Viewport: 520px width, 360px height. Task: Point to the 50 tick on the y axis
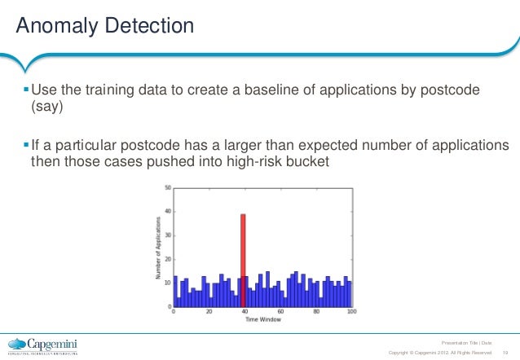[x=168, y=187]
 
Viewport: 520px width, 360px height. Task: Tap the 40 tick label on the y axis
[x=168, y=211]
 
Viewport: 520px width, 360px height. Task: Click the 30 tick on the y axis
[x=168, y=235]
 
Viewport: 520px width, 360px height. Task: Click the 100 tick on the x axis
[x=351, y=312]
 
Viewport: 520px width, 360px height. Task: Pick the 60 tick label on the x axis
[x=280, y=312]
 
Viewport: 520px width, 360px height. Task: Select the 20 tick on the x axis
[x=209, y=312]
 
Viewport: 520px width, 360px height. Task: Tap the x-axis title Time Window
[x=262, y=320]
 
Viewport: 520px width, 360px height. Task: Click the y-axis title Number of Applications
[x=158, y=248]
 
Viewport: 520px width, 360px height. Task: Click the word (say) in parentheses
[x=46, y=106]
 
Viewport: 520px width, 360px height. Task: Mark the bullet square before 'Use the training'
[x=24, y=90]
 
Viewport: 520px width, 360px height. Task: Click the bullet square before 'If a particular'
[x=24, y=144]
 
